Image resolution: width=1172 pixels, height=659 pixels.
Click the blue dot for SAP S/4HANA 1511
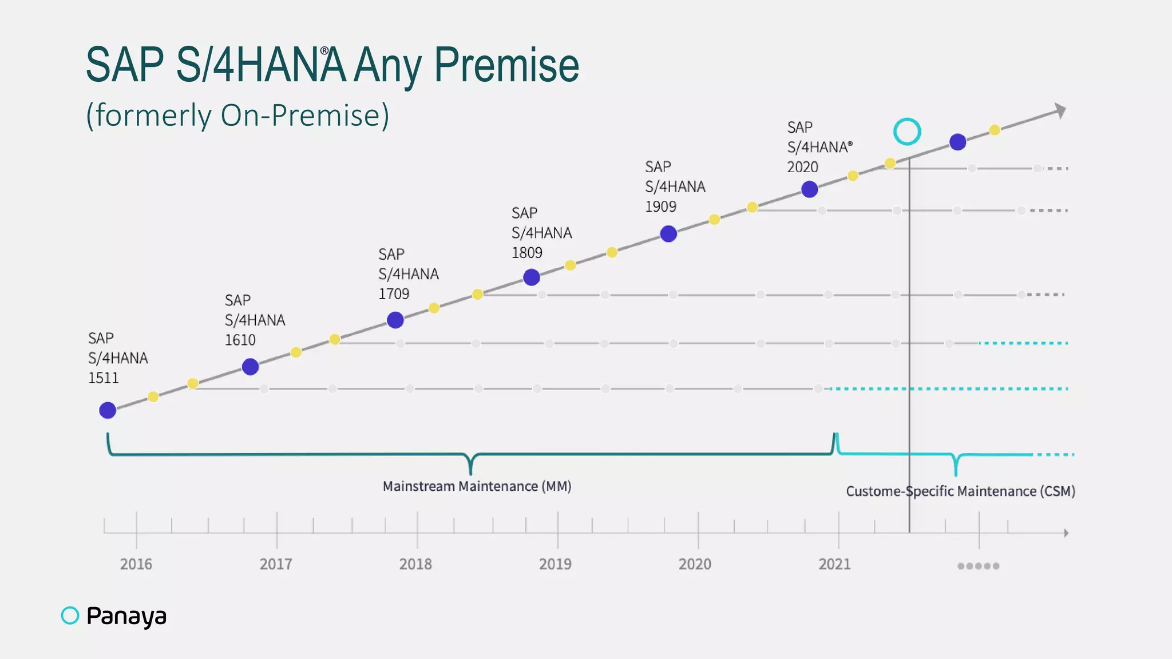pos(108,410)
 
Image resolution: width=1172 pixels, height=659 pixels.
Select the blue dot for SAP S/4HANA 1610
pos(250,367)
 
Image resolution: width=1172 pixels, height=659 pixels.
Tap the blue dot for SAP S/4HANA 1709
pos(395,320)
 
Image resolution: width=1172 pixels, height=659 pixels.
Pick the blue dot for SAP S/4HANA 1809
pos(532,277)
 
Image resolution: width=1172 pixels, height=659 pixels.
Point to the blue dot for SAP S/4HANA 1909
pos(668,234)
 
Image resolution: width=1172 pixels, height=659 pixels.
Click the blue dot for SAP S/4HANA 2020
pos(809,189)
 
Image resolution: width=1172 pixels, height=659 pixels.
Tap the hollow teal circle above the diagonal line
pos(907,132)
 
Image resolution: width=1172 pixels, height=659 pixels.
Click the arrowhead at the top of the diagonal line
pos(1060,110)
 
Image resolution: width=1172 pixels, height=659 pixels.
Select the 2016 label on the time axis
pos(136,564)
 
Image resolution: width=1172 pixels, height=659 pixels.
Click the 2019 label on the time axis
pos(555,564)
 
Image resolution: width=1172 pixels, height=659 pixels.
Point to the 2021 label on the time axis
pos(834,564)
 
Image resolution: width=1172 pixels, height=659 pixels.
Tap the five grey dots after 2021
pos(979,566)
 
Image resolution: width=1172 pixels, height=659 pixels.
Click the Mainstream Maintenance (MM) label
pos(477,486)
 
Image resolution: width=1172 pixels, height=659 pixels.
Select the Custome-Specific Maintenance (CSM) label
pos(960,491)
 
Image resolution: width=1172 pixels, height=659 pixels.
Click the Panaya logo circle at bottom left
pos(70,616)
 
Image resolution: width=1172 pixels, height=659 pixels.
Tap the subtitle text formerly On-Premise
pos(237,116)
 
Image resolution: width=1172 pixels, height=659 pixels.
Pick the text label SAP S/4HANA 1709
pos(408,274)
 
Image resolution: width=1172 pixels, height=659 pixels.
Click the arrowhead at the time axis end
pos(1066,533)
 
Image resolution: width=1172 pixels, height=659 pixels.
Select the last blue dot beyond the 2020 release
pos(957,142)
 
